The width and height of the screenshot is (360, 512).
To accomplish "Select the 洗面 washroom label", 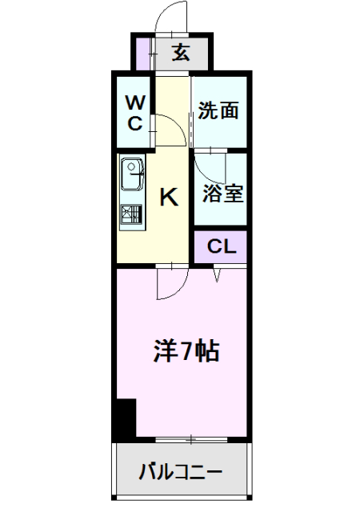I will coord(218,110).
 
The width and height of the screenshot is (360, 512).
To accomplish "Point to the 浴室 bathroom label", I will coord(222,193).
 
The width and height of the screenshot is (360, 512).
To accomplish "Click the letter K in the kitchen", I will coord(170,196).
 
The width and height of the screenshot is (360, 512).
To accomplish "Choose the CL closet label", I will coord(222,246).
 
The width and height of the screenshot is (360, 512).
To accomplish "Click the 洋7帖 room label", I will coord(186,351).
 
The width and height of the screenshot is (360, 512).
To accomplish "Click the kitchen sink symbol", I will coord(132,171).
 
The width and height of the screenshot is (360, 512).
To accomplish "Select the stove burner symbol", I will coord(131,214).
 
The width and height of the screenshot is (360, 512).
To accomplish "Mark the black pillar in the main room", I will coord(123,417).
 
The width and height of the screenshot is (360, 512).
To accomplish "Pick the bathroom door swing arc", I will coord(210,166).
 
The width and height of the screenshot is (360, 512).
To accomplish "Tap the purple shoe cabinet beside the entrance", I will coord(142,54).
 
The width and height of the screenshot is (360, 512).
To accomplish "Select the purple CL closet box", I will coord(220,246).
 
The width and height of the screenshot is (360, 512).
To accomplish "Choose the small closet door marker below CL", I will coord(218,274).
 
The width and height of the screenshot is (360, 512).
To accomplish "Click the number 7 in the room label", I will coord(186,351).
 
